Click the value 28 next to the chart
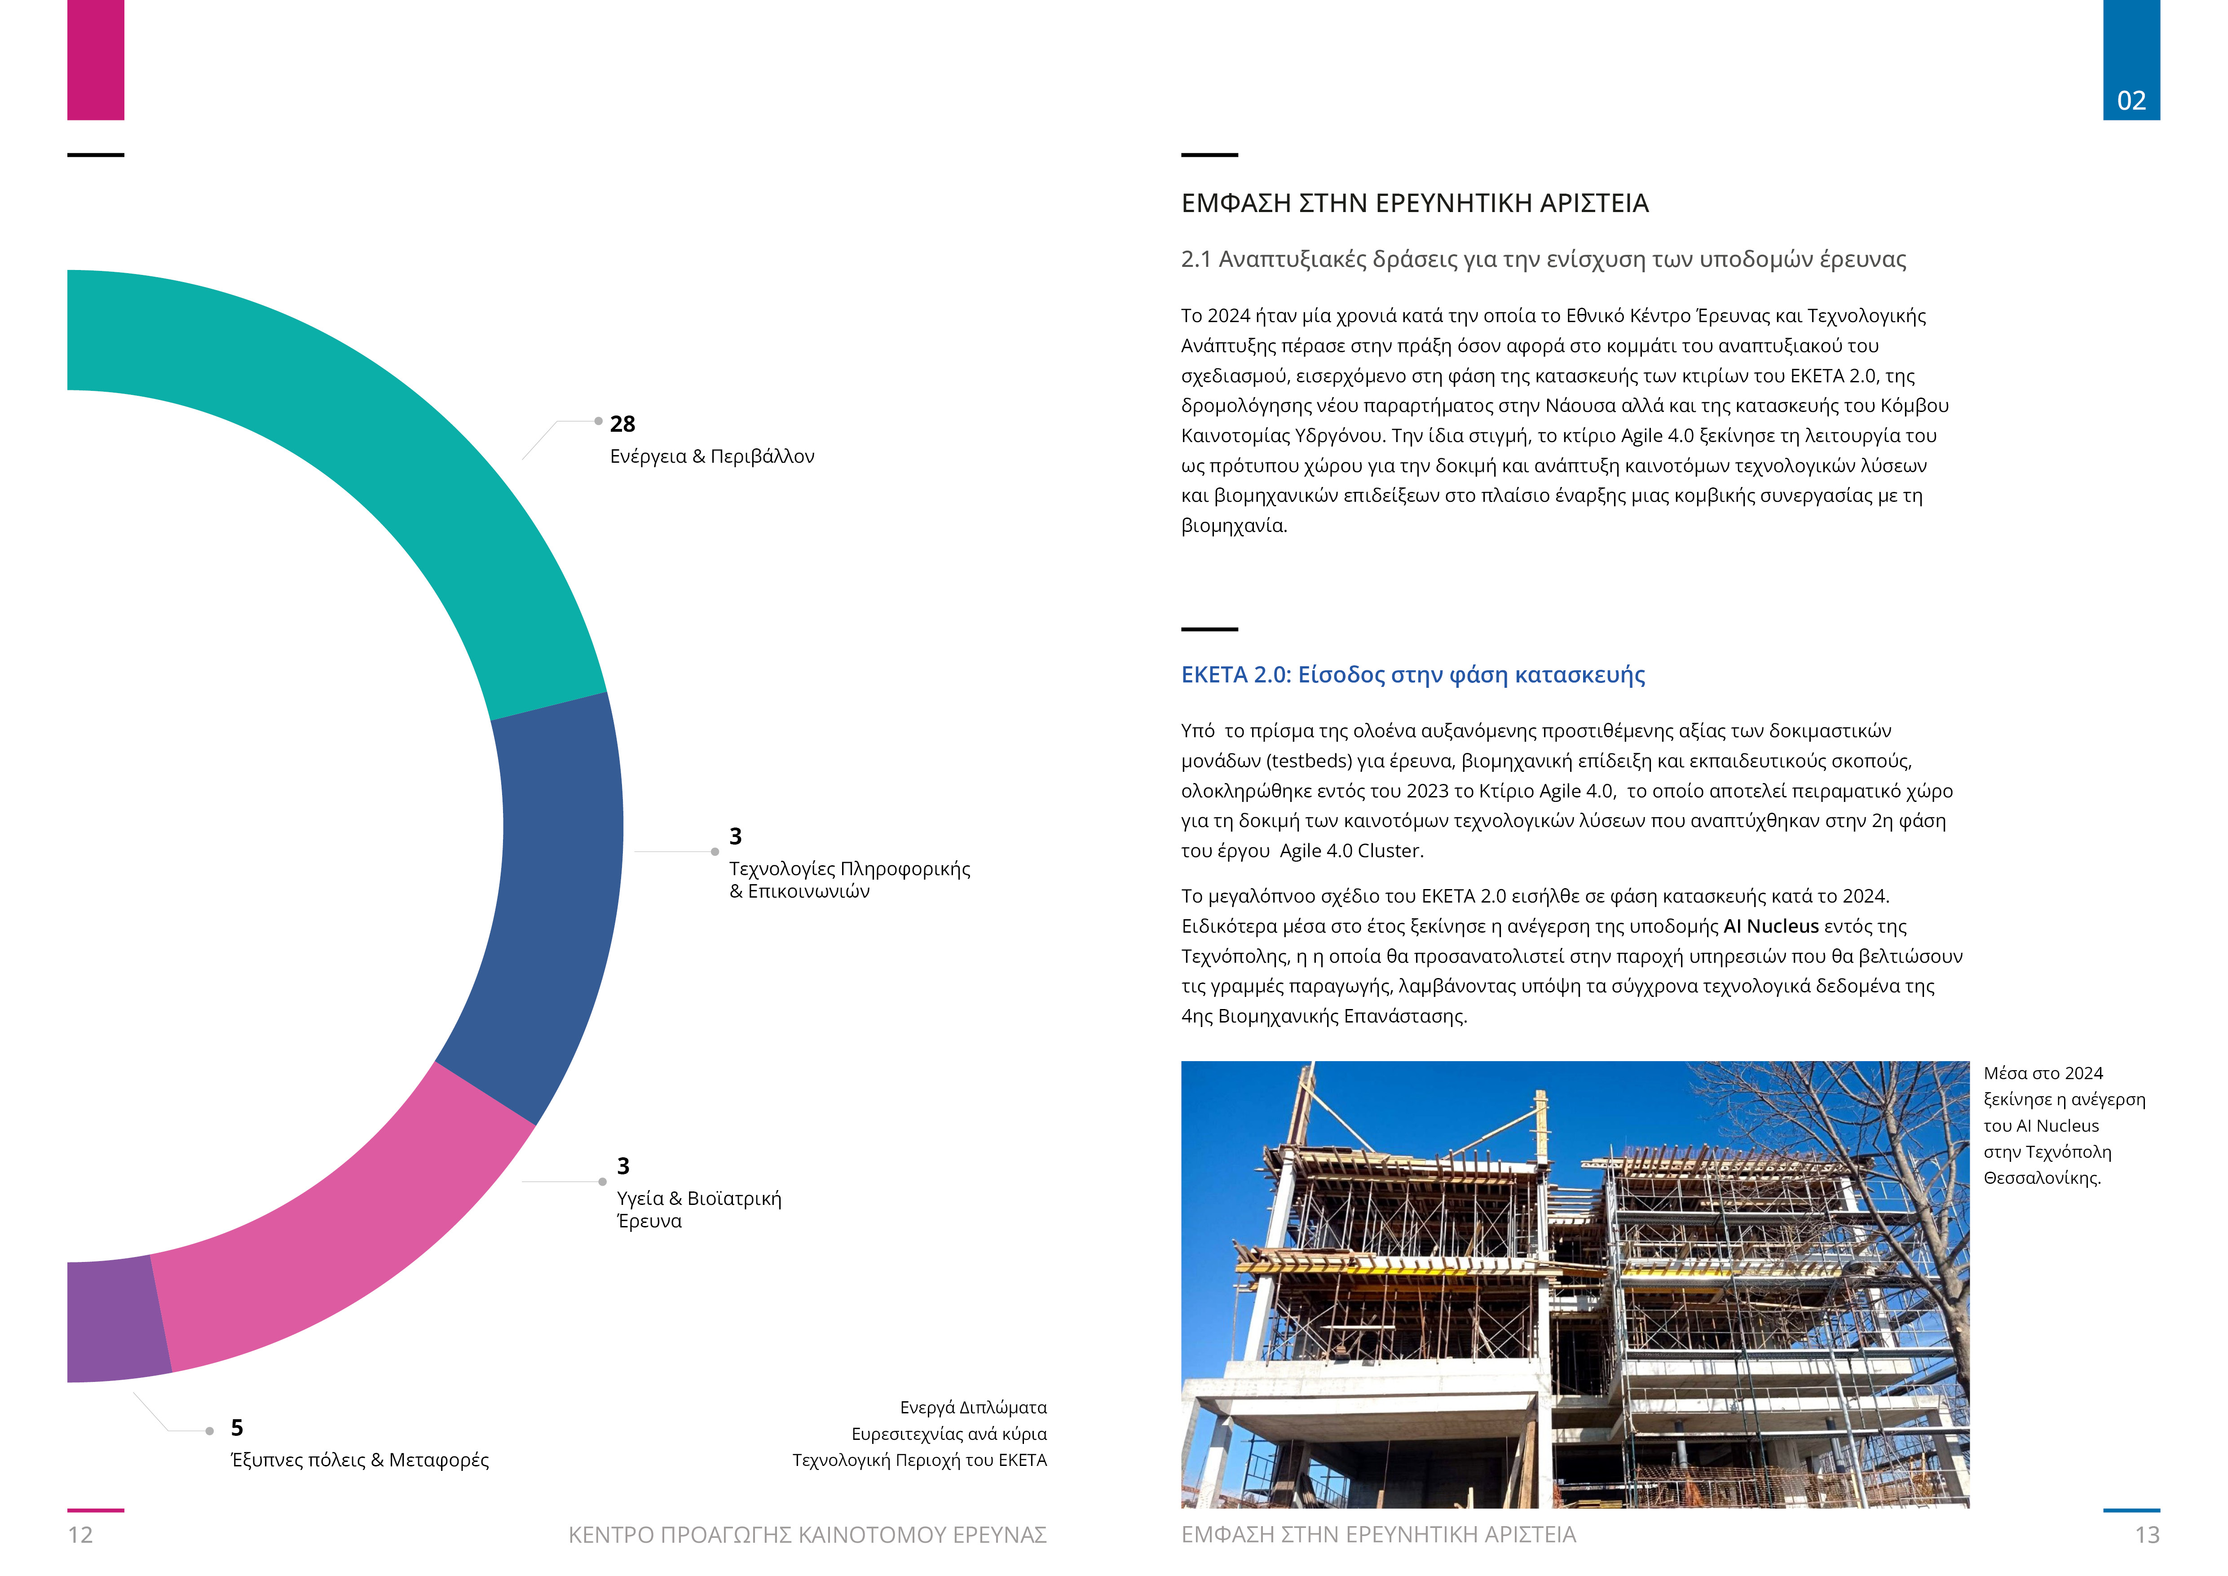tap(622, 424)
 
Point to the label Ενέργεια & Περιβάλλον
tap(711, 456)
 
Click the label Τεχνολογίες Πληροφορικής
tap(849, 868)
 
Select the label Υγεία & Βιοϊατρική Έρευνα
tap(699, 1209)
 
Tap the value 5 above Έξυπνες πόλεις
tap(237, 1428)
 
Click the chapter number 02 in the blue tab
tap(2131, 101)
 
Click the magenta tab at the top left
tap(95, 60)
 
